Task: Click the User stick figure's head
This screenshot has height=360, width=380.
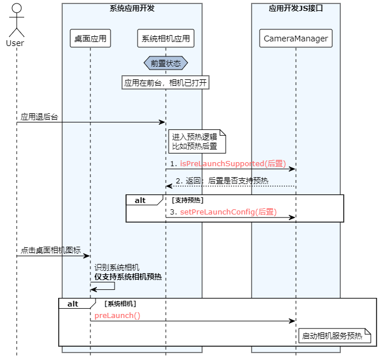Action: [17, 8]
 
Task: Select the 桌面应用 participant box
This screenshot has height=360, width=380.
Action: [90, 39]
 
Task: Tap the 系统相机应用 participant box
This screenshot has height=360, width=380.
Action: [166, 39]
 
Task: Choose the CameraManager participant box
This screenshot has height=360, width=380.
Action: [296, 39]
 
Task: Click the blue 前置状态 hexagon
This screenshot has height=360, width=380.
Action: [166, 63]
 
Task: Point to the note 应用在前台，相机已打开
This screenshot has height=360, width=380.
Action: [165, 83]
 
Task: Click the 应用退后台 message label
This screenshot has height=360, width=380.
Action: [39, 117]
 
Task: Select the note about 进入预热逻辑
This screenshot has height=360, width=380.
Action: [197, 141]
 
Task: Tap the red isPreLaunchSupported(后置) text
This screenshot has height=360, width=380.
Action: [233, 164]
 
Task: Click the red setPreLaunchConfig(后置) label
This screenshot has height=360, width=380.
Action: [229, 212]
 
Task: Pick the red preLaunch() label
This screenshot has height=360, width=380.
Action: [117, 316]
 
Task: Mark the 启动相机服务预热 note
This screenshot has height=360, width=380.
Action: [335, 336]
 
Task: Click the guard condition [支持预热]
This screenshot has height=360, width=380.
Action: [188, 200]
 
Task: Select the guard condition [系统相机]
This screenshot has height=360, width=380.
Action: [120, 304]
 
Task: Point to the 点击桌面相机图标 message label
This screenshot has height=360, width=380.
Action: [51, 250]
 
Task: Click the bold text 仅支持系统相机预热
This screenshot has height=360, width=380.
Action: [128, 277]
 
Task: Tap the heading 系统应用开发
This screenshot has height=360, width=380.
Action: [132, 9]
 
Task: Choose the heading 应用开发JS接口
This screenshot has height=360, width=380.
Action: [296, 9]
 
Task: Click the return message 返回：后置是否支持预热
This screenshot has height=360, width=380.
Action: [222, 181]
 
